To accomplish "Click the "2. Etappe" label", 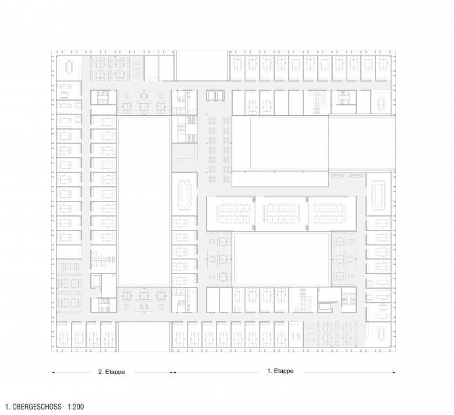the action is point(112,372).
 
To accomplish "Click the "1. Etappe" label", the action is point(281,371).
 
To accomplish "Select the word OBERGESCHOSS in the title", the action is point(37,407).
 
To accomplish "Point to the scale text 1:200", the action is point(76,407).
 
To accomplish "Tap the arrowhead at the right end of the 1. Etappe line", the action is point(394,373).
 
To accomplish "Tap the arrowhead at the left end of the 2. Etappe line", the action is point(54,373).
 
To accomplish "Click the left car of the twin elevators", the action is point(211,95).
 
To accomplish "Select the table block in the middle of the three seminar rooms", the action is point(281,214).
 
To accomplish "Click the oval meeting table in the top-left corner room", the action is point(69,67).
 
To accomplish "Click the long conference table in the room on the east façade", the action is point(378,194).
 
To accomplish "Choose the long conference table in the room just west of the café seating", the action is point(185,194).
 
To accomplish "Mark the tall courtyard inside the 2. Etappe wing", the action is point(144,201).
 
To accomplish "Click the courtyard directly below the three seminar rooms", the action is point(281,258).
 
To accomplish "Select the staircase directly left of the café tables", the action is point(185,129).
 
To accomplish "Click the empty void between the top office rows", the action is point(202,66).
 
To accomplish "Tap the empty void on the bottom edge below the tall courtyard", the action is point(144,336).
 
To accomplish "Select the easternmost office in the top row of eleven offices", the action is point(382,68).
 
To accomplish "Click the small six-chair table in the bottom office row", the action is point(295,336).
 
